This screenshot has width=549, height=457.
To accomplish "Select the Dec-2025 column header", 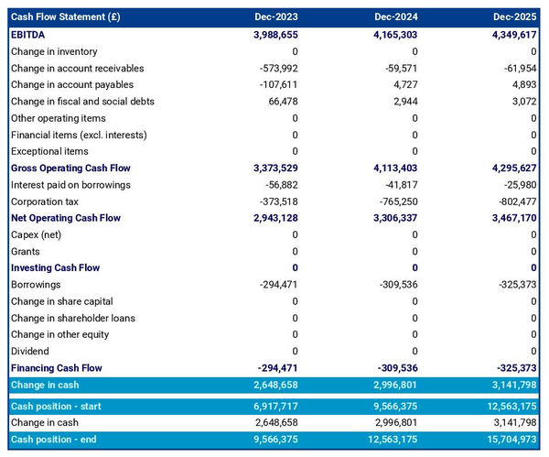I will tap(514, 17).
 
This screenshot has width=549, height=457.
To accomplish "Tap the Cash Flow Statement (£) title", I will tap(69, 17).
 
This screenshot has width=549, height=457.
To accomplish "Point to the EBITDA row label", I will tap(31, 35).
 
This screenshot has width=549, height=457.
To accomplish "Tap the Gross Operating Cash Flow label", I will tap(70, 169).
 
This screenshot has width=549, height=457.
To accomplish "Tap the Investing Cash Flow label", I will tap(55, 268).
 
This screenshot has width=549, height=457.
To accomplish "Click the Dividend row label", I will tap(31, 351).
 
